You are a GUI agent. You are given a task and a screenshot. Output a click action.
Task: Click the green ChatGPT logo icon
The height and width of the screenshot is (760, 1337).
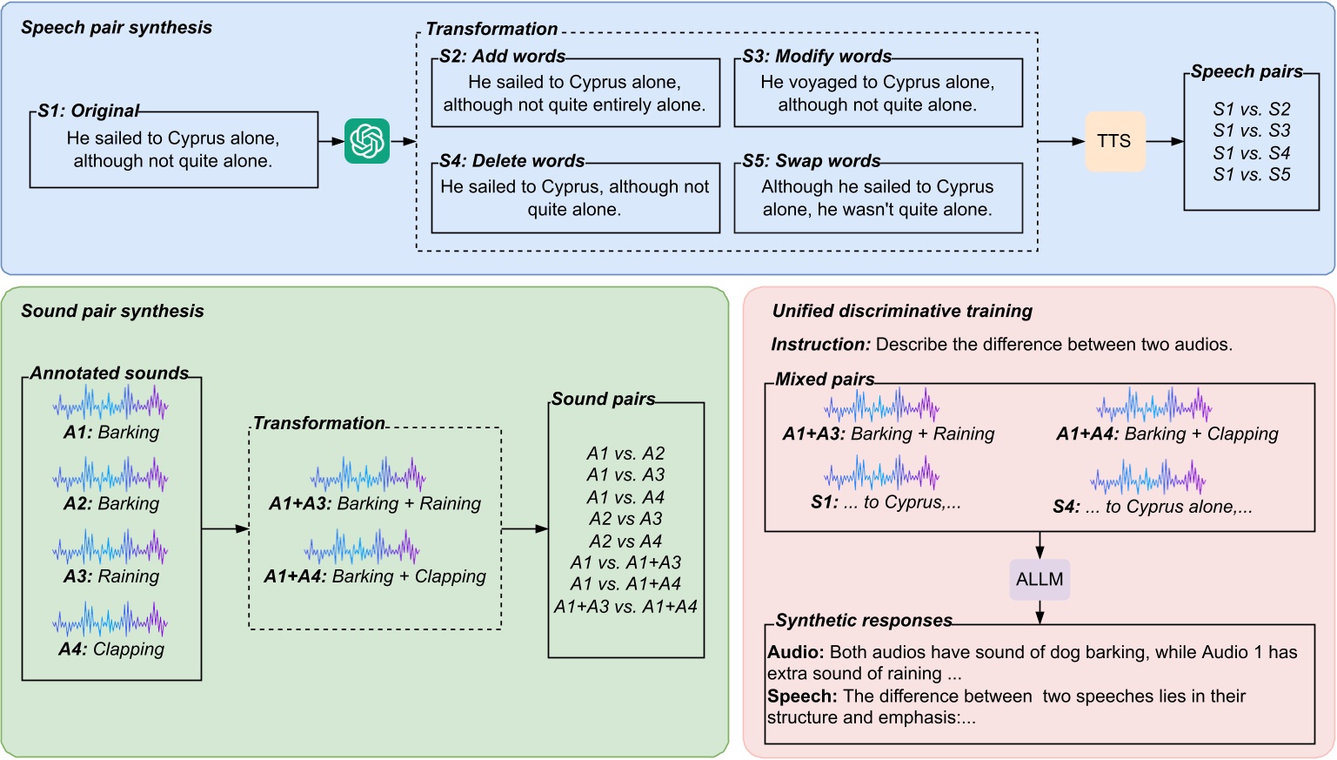367,141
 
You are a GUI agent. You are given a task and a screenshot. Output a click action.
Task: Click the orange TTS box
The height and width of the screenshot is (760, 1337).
1114,141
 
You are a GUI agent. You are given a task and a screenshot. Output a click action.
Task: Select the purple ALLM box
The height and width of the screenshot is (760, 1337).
1040,579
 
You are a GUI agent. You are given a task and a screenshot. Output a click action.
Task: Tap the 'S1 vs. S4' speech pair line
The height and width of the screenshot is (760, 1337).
1251,153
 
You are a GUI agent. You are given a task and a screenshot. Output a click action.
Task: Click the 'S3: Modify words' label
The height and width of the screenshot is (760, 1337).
817,57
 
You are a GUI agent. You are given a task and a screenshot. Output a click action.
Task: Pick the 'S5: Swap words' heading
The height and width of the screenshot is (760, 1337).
811,161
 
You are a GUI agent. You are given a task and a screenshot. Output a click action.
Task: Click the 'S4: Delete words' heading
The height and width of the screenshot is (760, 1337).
512,161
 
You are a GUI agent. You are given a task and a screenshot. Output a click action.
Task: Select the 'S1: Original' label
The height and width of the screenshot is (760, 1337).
88,111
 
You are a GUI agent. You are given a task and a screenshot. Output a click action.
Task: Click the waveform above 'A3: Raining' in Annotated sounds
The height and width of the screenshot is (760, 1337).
110,548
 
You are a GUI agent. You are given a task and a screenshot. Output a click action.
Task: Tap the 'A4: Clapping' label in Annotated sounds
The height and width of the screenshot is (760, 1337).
111,649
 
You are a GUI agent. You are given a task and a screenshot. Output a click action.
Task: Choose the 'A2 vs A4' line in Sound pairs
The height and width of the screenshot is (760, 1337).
625,541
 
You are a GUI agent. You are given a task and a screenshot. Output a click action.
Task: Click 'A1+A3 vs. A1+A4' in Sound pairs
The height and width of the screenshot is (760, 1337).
625,607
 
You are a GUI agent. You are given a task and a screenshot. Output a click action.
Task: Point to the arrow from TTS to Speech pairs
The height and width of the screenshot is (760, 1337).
1165,142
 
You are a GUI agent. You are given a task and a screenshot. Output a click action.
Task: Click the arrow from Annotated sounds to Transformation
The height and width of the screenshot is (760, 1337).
225,528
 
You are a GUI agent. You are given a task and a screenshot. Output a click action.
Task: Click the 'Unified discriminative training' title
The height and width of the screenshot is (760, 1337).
902,311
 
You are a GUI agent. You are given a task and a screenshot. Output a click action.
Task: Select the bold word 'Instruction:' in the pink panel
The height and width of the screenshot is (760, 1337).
820,344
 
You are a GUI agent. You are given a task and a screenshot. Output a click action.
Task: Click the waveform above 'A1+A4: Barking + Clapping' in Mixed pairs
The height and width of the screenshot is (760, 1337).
1154,405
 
